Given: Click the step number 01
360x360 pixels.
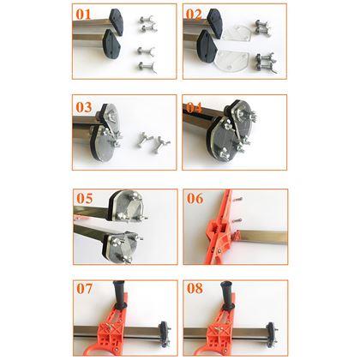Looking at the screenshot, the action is pyautogui.click(x=83, y=15).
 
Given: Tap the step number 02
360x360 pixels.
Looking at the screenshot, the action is pyautogui.click(x=194, y=15).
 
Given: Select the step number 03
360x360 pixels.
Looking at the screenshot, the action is pyautogui.click(x=84, y=107).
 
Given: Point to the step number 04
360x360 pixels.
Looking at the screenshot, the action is pyautogui.click(x=195, y=108).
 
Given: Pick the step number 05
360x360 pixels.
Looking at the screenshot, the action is pyautogui.click(x=85, y=198).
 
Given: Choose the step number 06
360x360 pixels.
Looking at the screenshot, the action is pyautogui.click(x=195, y=198).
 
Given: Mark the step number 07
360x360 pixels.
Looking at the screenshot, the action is pyautogui.click(x=85, y=288).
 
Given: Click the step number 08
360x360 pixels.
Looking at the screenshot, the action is pyautogui.click(x=195, y=288).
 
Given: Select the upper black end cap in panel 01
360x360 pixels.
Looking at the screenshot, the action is pyautogui.click(x=116, y=21).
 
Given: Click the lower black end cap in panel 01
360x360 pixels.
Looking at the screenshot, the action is pyautogui.click(x=111, y=45).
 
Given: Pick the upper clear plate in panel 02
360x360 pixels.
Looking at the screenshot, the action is pyautogui.click(x=237, y=33).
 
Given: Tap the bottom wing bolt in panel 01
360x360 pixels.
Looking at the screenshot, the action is pyautogui.click(x=147, y=67).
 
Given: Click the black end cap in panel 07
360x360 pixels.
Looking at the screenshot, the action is pyautogui.click(x=165, y=334).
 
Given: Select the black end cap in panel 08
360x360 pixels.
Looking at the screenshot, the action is pyautogui.click(x=272, y=334).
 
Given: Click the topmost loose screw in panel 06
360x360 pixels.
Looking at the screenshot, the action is pyautogui.click(x=238, y=200).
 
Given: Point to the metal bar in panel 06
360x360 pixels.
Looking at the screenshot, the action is pyautogui.click(x=263, y=237).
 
